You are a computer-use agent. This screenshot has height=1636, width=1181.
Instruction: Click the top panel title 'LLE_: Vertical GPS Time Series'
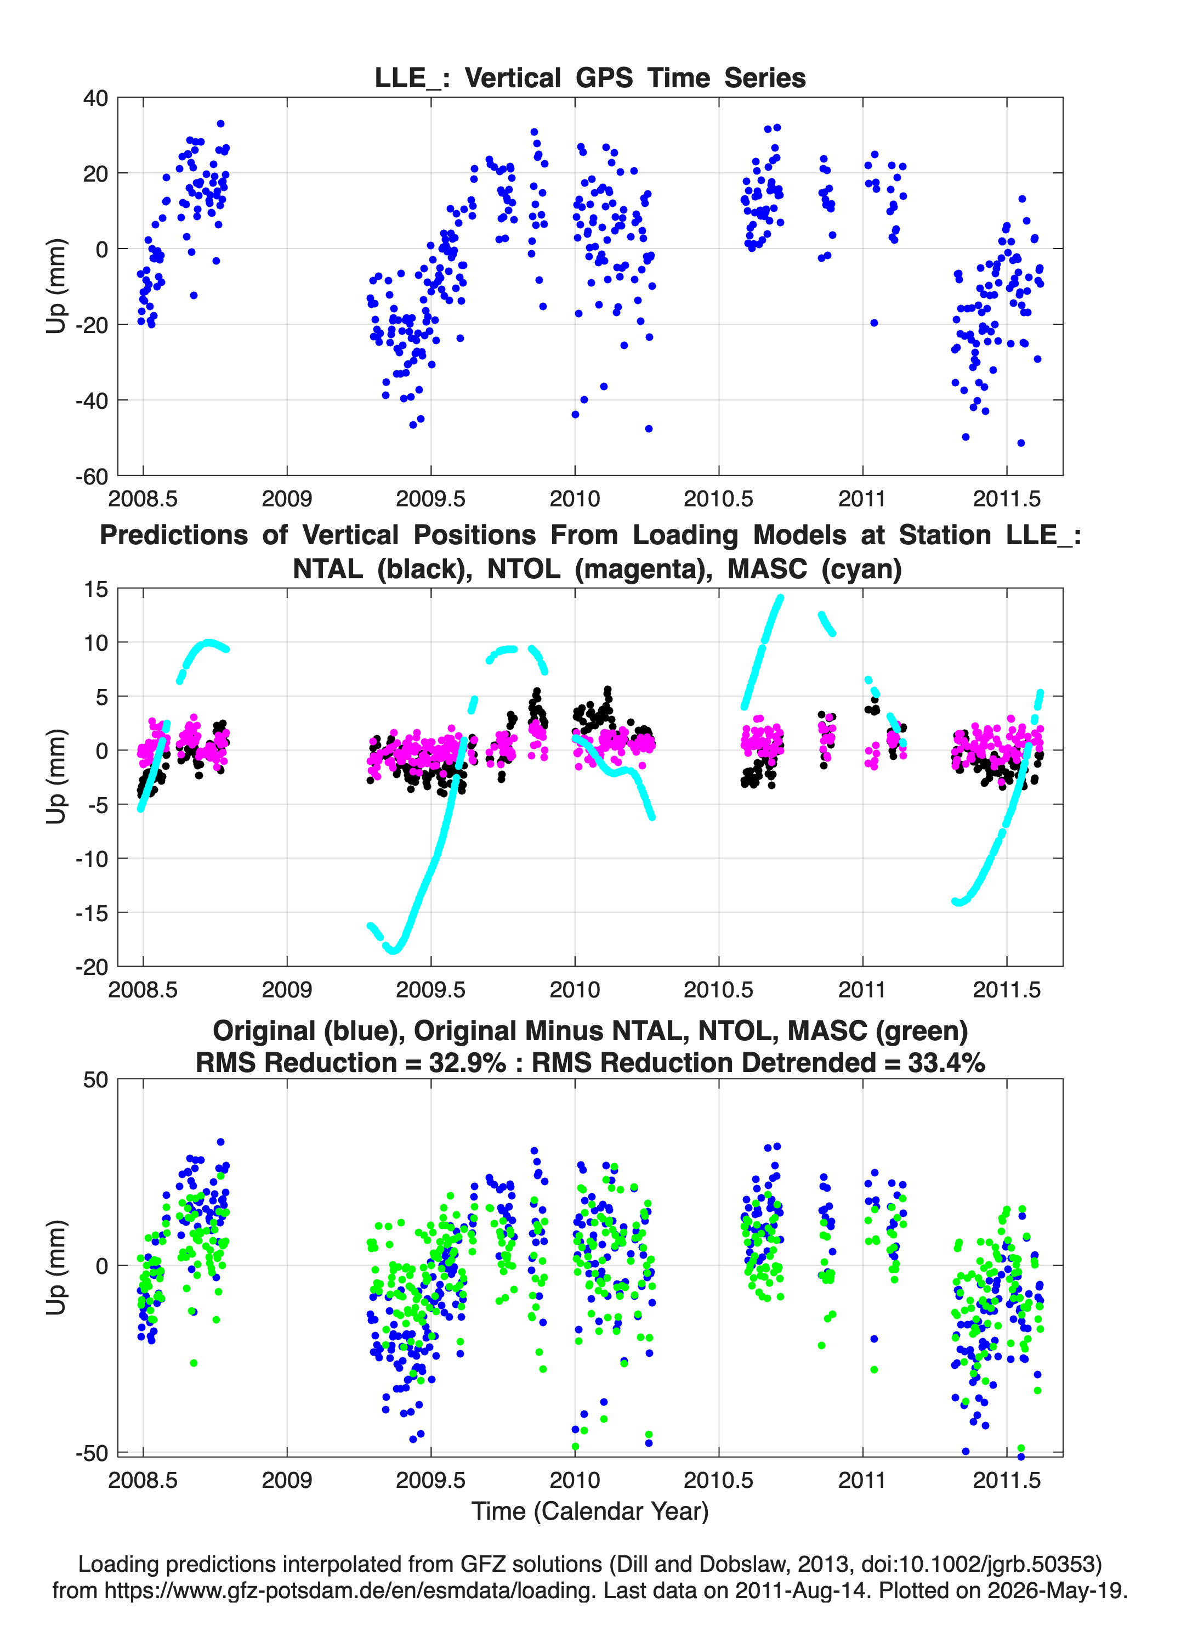(x=590, y=78)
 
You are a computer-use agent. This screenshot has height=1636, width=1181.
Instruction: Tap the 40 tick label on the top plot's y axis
(x=95, y=98)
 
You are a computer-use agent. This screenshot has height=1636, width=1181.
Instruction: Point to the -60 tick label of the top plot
(x=92, y=476)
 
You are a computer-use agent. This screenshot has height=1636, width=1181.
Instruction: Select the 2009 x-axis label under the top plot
(x=287, y=499)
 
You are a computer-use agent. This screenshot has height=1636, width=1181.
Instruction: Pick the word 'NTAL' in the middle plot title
(x=331, y=569)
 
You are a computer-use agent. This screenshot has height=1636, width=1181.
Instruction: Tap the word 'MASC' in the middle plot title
(x=767, y=569)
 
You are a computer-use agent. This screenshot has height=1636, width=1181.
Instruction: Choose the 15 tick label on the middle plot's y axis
(x=95, y=589)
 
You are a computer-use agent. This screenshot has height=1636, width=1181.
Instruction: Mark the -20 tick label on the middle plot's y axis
(x=92, y=967)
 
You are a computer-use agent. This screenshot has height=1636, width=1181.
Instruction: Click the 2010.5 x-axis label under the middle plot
(x=718, y=990)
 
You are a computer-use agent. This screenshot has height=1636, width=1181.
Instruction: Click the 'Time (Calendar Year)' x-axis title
(x=590, y=1511)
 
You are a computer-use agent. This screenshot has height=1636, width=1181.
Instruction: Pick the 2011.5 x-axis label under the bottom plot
(x=1007, y=1480)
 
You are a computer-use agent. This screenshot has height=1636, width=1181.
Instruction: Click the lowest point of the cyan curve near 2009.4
(x=393, y=951)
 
